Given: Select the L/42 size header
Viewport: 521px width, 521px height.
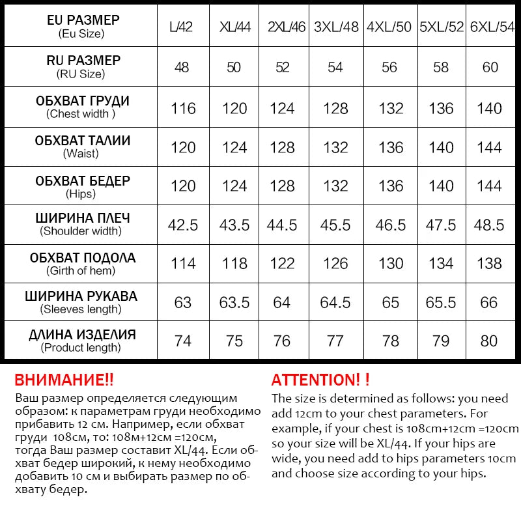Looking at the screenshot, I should tap(180, 28).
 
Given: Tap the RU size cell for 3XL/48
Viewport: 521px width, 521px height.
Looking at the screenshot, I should tap(335, 67).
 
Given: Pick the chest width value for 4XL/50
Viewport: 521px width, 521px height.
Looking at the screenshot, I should tap(391, 107).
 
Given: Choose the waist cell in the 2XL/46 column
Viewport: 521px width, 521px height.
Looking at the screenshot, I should tap(282, 147).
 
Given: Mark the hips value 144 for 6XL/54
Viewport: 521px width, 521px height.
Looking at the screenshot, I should tap(489, 186).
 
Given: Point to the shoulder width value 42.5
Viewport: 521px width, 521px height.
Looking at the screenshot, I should tap(183, 225).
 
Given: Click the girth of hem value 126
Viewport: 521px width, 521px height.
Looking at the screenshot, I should tap(335, 263).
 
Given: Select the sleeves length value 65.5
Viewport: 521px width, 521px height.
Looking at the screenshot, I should tap(441, 302).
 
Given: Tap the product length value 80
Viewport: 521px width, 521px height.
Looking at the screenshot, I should tap(489, 341).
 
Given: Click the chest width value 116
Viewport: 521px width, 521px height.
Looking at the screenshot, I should tap(183, 107).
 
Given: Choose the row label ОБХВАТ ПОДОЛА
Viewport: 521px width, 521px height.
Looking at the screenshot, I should tap(83, 257).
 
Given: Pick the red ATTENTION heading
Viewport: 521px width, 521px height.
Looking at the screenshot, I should tap(320, 380).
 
